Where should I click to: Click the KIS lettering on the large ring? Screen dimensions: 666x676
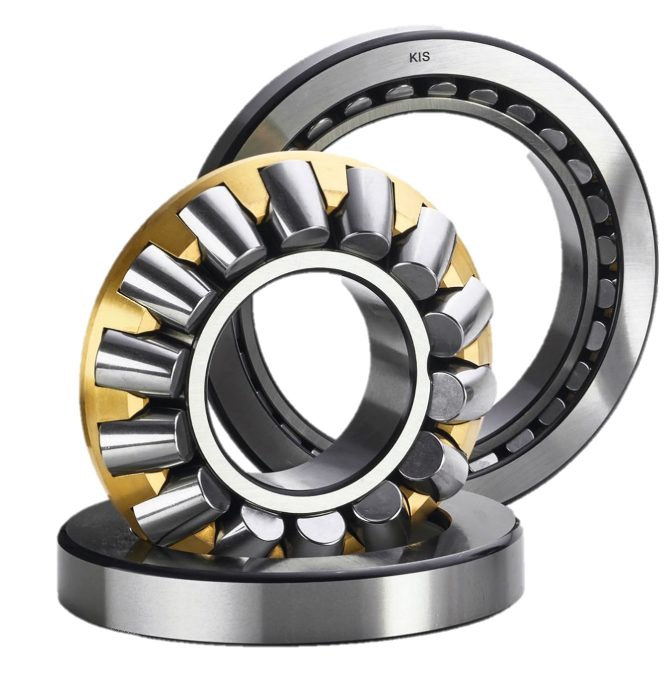(x=420, y=58)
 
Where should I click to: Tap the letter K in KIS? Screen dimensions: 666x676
(x=413, y=58)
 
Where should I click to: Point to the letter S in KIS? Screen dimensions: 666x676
(x=426, y=58)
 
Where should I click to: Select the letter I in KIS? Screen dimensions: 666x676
(x=419, y=58)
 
